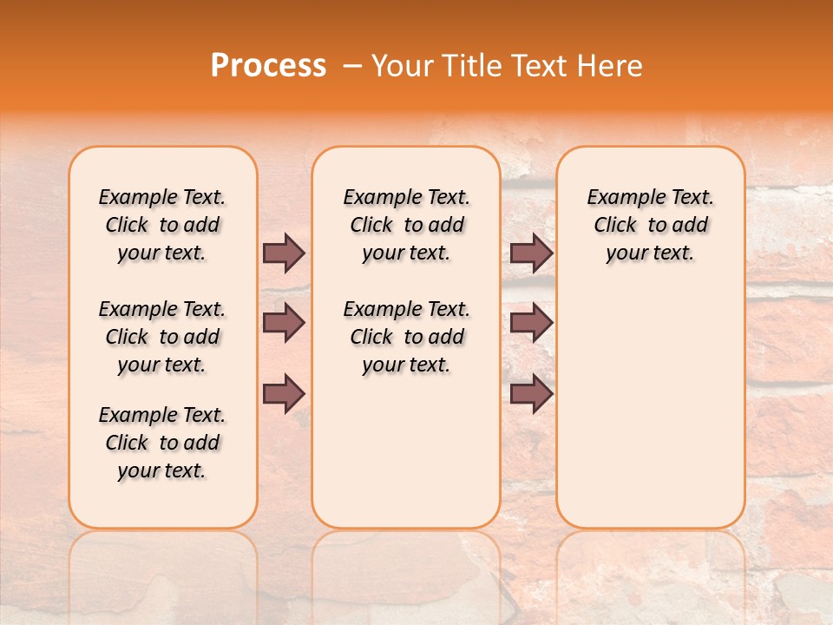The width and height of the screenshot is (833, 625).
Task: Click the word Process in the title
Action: click(268, 66)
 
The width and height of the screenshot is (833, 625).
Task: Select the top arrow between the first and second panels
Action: click(284, 253)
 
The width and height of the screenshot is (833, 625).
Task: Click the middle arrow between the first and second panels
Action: click(284, 323)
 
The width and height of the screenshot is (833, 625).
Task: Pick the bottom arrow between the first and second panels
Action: click(284, 393)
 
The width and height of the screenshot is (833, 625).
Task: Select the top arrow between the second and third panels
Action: click(531, 253)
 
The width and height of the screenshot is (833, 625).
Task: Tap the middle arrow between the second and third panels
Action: click(531, 323)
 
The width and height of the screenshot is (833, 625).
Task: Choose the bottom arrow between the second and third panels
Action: click(531, 393)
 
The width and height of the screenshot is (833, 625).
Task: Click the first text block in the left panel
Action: click(162, 225)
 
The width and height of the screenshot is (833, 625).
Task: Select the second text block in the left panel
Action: click(162, 337)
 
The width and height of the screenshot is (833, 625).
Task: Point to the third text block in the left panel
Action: click(162, 443)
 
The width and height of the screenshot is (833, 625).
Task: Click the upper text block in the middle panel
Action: click(406, 225)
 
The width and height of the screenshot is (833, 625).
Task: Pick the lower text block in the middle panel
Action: click(406, 337)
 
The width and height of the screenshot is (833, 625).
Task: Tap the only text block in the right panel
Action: click(650, 225)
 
